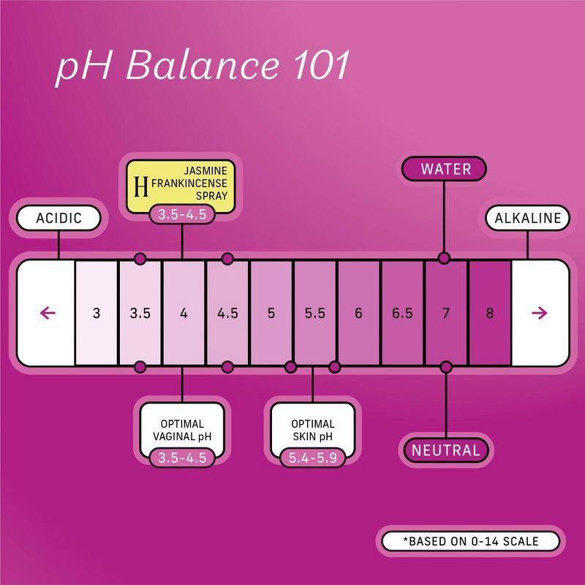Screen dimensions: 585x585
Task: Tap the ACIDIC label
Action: (x=58, y=218)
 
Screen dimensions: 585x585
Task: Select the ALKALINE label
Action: (x=527, y=218)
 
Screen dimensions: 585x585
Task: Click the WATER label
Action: (x=445, y=170)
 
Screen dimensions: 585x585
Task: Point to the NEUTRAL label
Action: (x=445, y=450)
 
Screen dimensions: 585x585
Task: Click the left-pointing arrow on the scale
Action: (x=48, y=313)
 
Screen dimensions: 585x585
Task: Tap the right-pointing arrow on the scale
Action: (x=540, y=313)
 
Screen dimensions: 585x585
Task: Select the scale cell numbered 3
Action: (x=97, y=313)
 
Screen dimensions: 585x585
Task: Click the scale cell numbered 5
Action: (x=271, y=313)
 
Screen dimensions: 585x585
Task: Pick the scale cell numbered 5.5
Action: (x=315, y=313)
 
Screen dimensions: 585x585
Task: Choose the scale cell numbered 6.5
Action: (x=402, y=313)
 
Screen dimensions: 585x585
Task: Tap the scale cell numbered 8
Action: (x=489, y=313)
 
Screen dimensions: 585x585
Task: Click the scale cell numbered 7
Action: (x=446, y=313)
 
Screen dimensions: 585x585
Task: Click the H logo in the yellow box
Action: (x=143, y=187)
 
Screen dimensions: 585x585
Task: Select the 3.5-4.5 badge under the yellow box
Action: (x=183, y=215)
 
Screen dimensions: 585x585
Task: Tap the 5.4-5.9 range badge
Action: (x=313, y=458)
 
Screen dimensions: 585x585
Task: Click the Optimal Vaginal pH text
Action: (x=182, y=430)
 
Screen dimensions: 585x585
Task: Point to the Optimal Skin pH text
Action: (x=313, y=430)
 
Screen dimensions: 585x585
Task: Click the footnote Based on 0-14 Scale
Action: (x=469, y=542)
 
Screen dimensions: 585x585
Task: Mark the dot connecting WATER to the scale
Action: (x=443, y=258)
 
